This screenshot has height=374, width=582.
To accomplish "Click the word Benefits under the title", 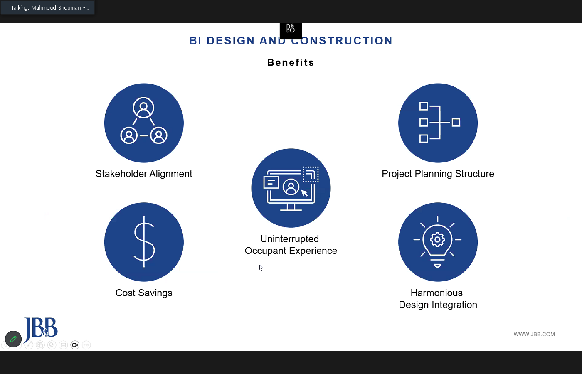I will tap(291, 62).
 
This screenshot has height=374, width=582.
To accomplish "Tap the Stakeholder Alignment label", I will tap(144, 174).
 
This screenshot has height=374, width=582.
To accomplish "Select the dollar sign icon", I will tap(144, 242).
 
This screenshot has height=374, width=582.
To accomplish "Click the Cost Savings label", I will tap(144, 293).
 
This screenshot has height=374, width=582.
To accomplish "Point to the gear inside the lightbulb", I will tap(437, 239).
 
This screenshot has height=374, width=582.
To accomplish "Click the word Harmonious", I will tap(436, 293).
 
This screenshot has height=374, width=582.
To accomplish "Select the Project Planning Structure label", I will tap(438, 174).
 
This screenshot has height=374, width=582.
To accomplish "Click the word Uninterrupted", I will tap(290, 239).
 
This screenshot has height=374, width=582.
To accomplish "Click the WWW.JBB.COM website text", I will tap(534, 334).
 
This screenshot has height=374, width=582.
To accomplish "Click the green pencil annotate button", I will tap(13, 339).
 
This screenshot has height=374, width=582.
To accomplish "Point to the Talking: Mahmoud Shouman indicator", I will tap(48, 7).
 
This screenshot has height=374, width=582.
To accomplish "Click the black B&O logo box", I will tap(291, 30).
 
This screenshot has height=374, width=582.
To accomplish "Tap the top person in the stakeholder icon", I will tap(143, 108).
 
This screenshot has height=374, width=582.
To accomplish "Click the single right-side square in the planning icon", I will tap(456, 123).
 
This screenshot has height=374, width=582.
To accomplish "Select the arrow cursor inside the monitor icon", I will tap(305, 193).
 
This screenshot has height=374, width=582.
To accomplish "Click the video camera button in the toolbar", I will tap(75, 345).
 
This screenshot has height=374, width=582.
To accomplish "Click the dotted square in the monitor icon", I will tap(311, 175).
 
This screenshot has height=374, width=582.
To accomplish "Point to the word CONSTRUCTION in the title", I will tap(342, 41).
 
